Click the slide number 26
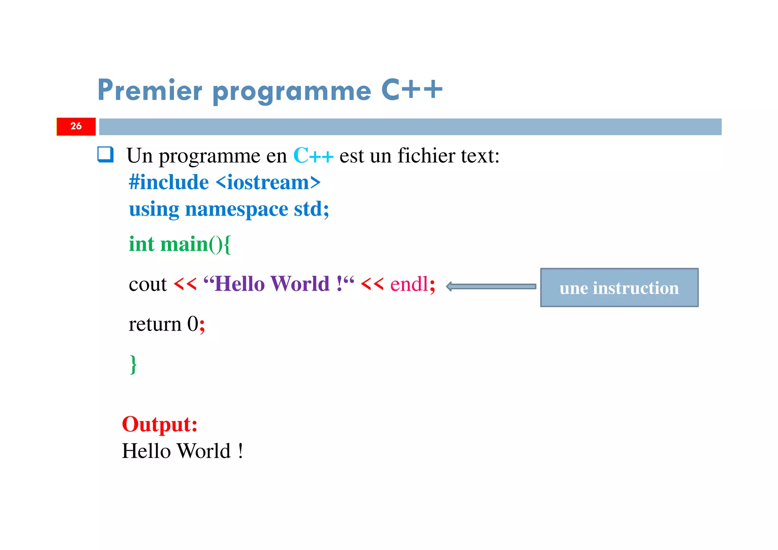coord(76,126)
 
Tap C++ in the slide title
coord(412,90)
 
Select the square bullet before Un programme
coord(105,155)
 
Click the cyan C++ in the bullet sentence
coord(313,156)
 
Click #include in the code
coord(169,182)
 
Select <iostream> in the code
coord(268,182)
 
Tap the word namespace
coord(236,209)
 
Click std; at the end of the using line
coord(312,209)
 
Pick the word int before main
coord(141,244)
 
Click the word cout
coord(148,284)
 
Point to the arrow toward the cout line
coord(491,287)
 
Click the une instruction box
coord(619,288)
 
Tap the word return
coord(155,324)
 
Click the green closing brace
coord(133,364)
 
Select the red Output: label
coord(160,424)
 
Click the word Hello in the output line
coord(146,451)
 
